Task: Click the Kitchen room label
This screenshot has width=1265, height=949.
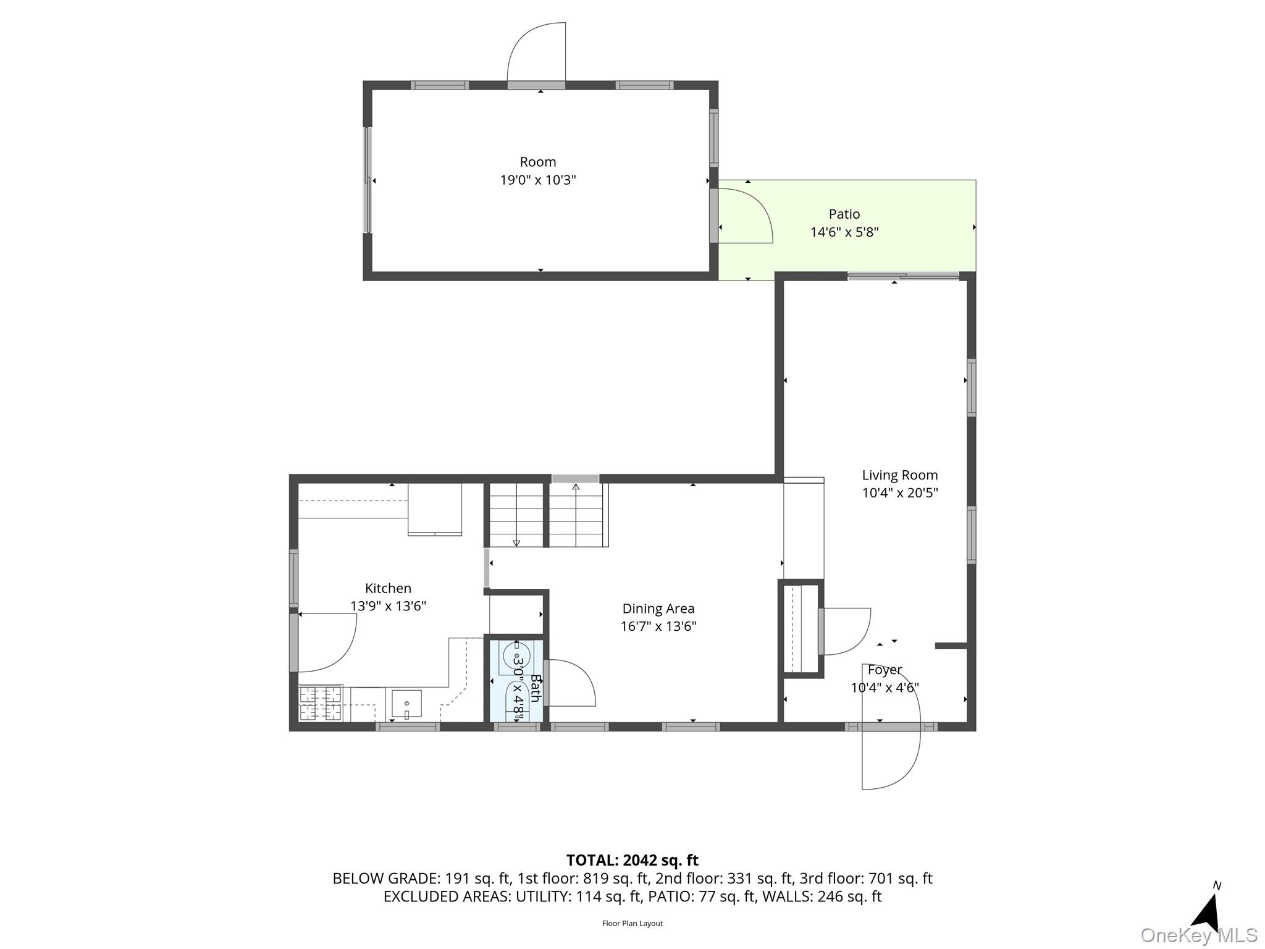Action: click(x=388, y=588)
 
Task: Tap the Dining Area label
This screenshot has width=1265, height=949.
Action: click(x=658, y=609)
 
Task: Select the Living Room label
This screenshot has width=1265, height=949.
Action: click(x=900, y=475)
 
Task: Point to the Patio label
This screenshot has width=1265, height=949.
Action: click(x=844, y=214)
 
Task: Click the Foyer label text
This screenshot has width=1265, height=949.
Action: click(x=885, y=670)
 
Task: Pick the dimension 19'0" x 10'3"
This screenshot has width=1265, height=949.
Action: click(x=538, y=180)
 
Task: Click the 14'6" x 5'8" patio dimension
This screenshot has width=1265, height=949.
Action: click(x=844, y=232)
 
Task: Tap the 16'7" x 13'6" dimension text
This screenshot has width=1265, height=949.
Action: click(x=658, y=626)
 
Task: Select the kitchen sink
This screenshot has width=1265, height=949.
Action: click(x=406, y=704)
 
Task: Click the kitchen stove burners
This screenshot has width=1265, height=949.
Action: click(x=321, y=703)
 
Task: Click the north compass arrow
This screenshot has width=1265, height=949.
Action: click(x=1208, y=911)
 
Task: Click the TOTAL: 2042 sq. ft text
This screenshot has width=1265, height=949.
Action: click(x=632, y=860)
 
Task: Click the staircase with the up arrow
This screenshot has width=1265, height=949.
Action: click(x=576, y=515)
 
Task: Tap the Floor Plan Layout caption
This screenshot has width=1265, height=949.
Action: click(x=632, y=924)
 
